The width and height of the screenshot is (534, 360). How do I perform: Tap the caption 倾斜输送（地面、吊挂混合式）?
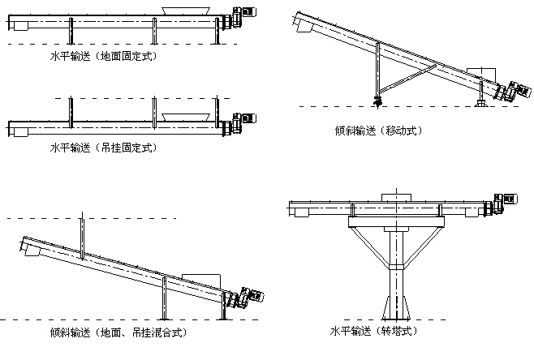[x=122, y=332]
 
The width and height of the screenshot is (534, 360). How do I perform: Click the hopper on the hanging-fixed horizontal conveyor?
[x=179, y=117]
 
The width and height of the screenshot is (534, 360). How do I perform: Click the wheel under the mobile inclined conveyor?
[x=377, y=101]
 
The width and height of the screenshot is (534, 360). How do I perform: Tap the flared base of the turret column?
[x=394, y=311]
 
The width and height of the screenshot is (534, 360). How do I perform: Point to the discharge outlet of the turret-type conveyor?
[x=300, y=214]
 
